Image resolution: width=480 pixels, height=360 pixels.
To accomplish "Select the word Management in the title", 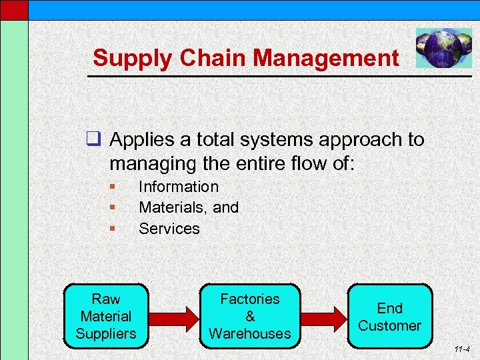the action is click(326, 58).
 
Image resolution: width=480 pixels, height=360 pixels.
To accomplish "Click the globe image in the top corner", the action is click(439, 48).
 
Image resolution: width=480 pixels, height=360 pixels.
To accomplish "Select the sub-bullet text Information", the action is click(178, 187).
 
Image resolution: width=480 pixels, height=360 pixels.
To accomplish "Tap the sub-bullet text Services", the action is click(169, 229).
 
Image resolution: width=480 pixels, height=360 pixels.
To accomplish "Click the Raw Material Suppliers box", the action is click(107, 316).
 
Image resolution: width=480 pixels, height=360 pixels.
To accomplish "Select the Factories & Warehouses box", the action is click(250, 316).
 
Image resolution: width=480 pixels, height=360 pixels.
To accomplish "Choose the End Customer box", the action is click(390, 316).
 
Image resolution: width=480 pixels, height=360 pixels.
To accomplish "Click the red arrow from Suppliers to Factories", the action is click(175, 317).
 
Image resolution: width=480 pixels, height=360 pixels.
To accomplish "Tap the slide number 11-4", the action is click(461, 349).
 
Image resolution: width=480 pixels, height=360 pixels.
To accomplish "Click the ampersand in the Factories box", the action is click(250, 316).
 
